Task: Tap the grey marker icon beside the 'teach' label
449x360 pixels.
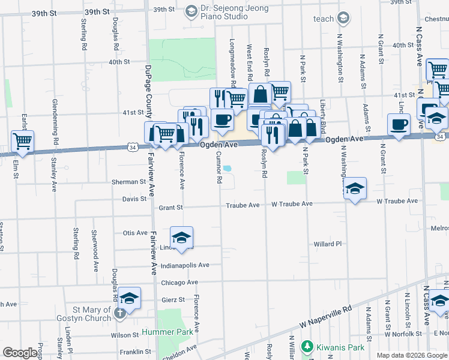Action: (343, 19)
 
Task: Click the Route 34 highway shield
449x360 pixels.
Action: (133, 147)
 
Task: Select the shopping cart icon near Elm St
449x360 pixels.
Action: (22, 142)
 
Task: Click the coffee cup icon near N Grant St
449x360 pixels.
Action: (399, 125)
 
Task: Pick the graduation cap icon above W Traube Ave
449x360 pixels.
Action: (355, 188)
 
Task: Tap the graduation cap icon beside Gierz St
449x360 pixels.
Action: (129, 298)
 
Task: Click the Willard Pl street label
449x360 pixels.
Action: (327, 244)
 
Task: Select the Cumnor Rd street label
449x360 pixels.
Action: (219, 168)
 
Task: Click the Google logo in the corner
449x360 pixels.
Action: (20, 353)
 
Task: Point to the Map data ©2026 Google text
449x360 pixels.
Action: (412, 355)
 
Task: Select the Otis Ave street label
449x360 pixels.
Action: (135, 233)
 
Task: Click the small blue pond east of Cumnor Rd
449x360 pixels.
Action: (228, 169)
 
